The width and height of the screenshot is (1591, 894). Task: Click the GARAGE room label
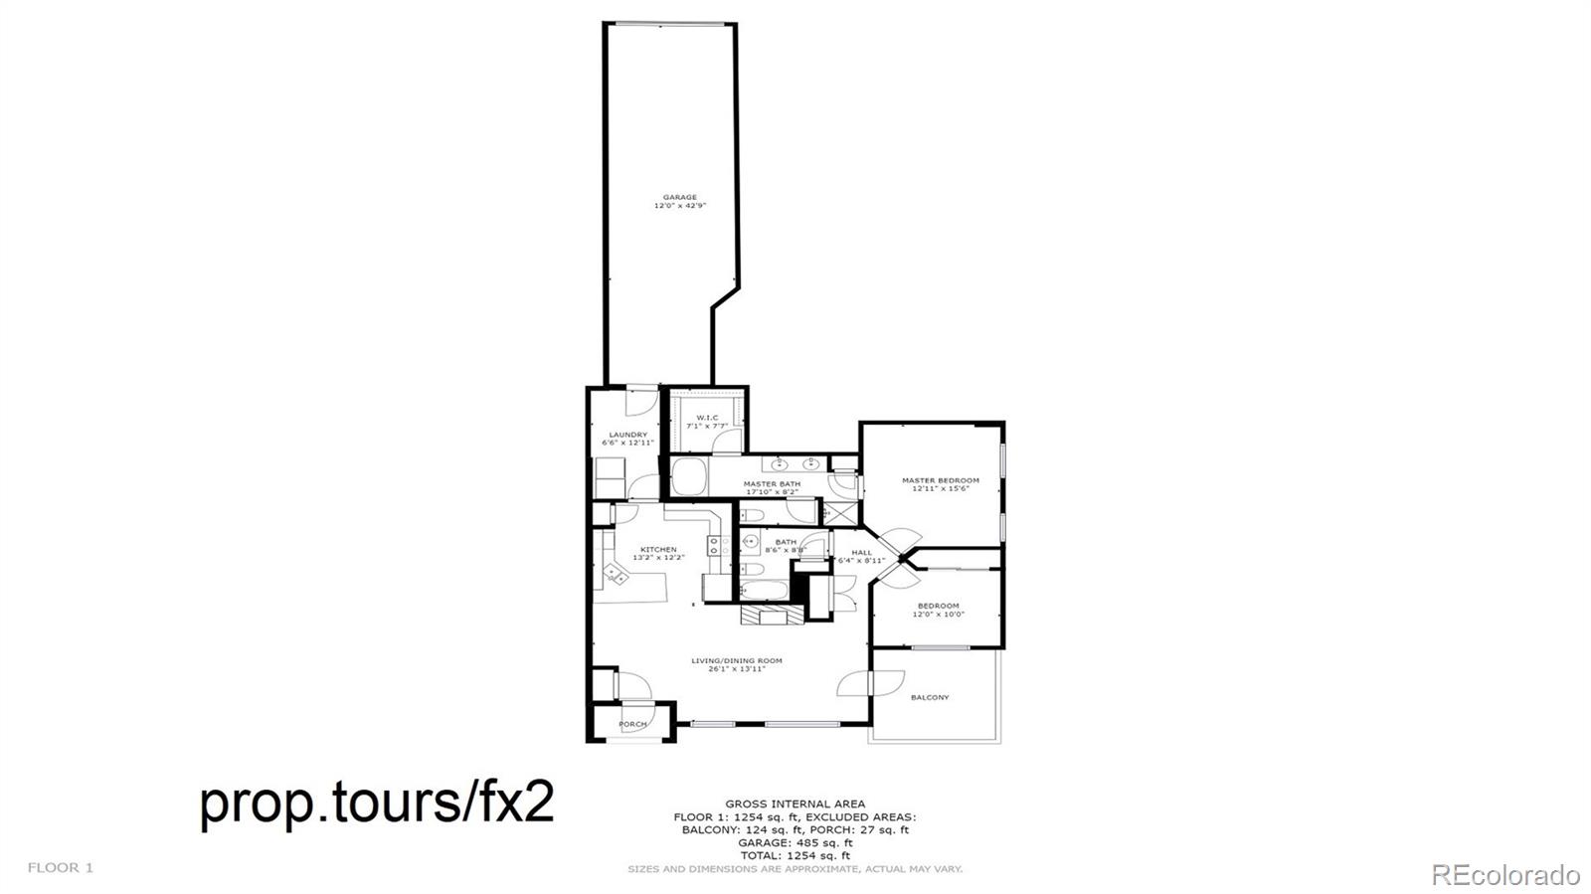tap(680, 197)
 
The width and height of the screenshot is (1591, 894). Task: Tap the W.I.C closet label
tap(707, 418)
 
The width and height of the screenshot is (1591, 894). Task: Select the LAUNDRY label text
tap(628, 435)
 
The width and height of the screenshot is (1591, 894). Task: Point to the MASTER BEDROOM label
tap(940, 480)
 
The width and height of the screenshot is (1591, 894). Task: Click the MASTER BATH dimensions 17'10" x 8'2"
tap(772, 492)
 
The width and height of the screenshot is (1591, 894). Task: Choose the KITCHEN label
tap(658, 549)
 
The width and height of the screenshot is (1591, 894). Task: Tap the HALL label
tap(861, 553)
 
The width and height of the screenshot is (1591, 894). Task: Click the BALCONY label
tap(930, 697)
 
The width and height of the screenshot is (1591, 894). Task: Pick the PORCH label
tap(632, 724)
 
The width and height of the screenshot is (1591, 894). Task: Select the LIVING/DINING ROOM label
tap(737, 660)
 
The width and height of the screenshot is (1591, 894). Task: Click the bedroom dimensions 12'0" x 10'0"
tap(938, 615)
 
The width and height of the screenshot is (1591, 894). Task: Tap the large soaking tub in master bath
tap(688, 475)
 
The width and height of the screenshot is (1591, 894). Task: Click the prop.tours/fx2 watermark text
tap(377, 802)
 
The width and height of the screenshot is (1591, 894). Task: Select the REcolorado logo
tap(1504, 874)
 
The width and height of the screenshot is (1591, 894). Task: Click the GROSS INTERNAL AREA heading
tap(795, 804)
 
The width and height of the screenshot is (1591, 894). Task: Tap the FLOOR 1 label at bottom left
tap(60, 867)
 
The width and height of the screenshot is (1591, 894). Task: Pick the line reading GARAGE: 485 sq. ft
tap(795, 842)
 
